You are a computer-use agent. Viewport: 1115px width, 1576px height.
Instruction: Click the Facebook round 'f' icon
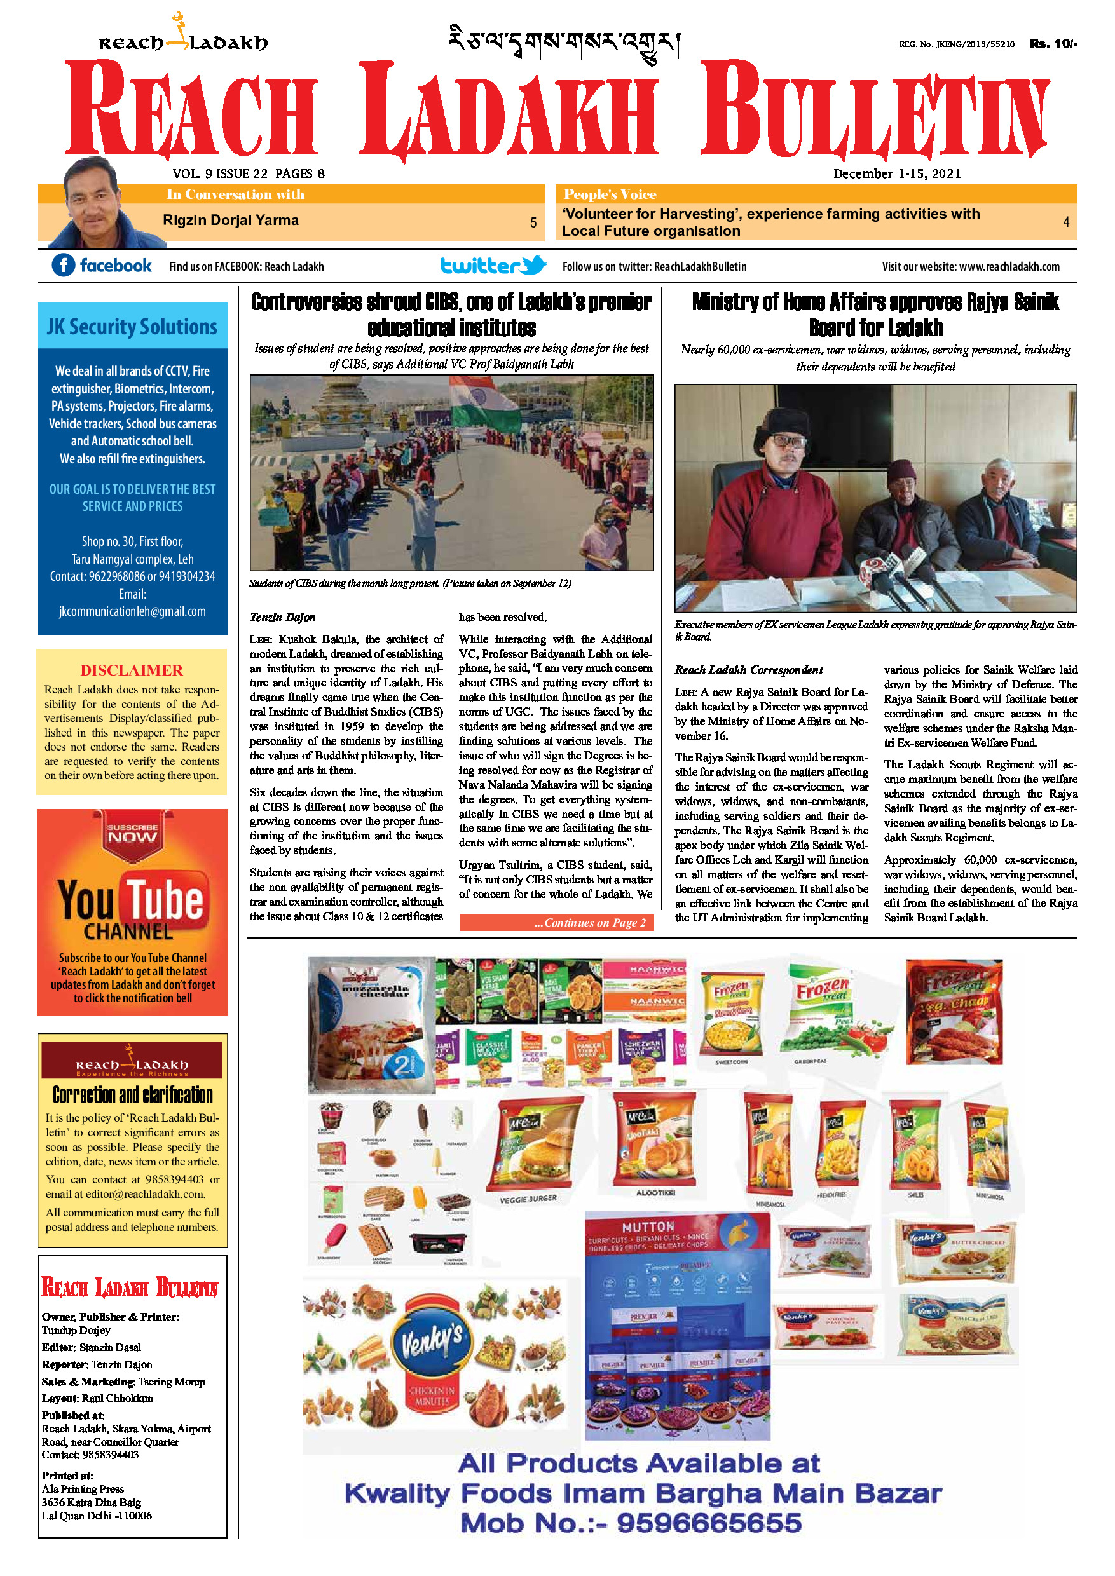[x=63, y=265]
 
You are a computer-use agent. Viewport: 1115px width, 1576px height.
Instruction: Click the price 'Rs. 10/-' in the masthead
[x=1053, y=43]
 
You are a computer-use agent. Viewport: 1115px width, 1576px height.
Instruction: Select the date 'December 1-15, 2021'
[x=897, y=173]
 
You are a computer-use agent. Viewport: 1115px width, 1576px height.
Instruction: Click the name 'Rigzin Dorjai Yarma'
[x=231, y=221]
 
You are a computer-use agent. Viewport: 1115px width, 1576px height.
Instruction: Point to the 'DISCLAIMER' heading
[x=132, y=670]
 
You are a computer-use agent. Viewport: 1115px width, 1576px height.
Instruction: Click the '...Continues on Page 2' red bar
[x=556, y=923]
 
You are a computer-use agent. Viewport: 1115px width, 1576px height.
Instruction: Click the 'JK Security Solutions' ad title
[x=132, y=327]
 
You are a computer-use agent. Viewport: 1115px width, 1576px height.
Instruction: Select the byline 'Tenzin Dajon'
[x=283, y=617]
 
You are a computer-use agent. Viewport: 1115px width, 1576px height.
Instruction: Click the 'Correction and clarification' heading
[x=132, y=1094]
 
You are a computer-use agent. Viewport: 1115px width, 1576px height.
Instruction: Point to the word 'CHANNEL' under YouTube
[x=128, y=932]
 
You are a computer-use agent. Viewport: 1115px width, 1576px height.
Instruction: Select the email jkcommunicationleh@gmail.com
[x=132, y=611]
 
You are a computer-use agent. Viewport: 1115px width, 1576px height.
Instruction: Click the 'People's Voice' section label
[x=610, y=194]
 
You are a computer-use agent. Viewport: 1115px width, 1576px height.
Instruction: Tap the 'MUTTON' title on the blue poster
[x=648, y=1226]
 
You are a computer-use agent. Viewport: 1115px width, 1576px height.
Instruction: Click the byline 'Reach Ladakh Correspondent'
[x=748, y=669]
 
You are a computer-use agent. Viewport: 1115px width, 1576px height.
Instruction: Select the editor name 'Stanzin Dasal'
[x=110, y=1347]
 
